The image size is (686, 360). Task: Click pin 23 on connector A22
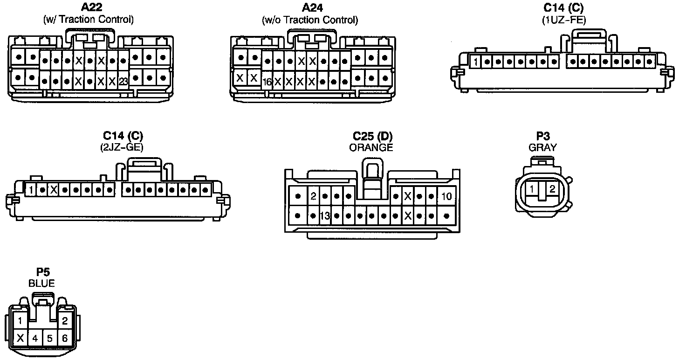tap(123, 81)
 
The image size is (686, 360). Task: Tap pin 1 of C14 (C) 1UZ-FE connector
tap(475, 62)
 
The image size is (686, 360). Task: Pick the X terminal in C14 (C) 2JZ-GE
tap(54, 190)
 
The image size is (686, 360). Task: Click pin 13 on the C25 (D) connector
tap(325, 216)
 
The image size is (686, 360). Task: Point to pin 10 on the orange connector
tap(446, 196)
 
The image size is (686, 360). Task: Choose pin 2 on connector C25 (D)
tap(314, 196)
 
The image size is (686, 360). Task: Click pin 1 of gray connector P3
tap(532, 189)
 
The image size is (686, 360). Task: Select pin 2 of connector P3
tap(552, 189)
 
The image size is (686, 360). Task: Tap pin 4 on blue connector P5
tap(35, 338)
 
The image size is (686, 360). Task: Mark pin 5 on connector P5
tap(50, 338)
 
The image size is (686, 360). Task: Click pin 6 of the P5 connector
tap(65, 338)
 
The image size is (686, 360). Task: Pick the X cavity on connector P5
tap(20, 338)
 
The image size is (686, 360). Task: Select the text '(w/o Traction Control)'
tap(310, 20)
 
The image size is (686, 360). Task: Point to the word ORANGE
tap(371, 147)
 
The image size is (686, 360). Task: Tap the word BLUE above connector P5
tap(41, 283)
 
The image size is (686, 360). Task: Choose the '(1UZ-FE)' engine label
tap(563, 20)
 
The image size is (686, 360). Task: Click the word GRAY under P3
tap(542, 147)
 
